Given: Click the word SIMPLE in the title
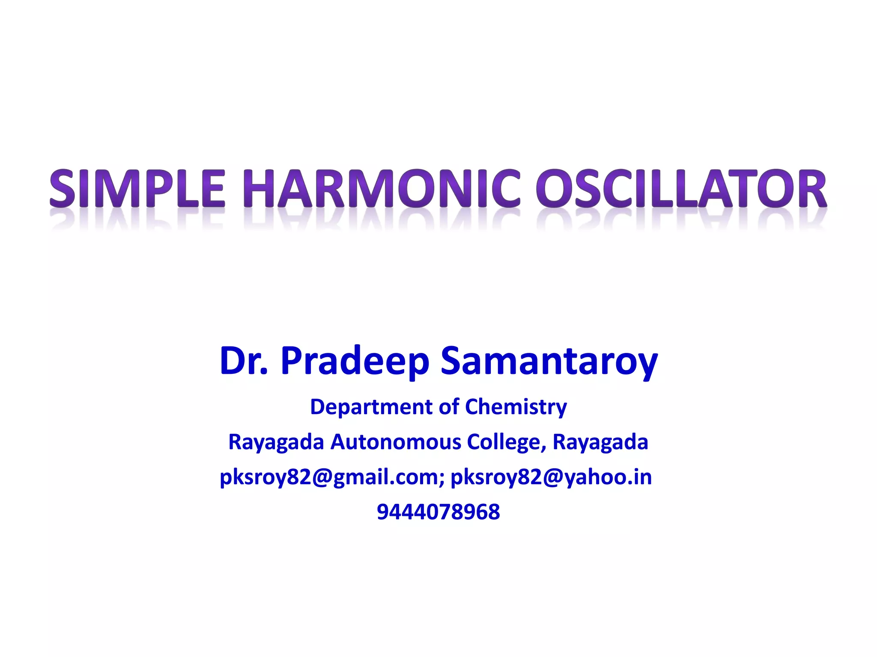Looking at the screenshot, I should pos(137,189).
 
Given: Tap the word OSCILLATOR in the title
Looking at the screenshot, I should pos(681,189).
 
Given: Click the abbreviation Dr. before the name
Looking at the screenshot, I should pos(243,361).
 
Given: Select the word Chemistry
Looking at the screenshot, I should pos(516,407).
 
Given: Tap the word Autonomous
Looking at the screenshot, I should pos(396,442).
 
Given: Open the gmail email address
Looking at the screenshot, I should pos(330,477).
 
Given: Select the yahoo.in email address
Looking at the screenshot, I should pos(551,477).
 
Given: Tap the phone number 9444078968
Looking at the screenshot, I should pos(438,512).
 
